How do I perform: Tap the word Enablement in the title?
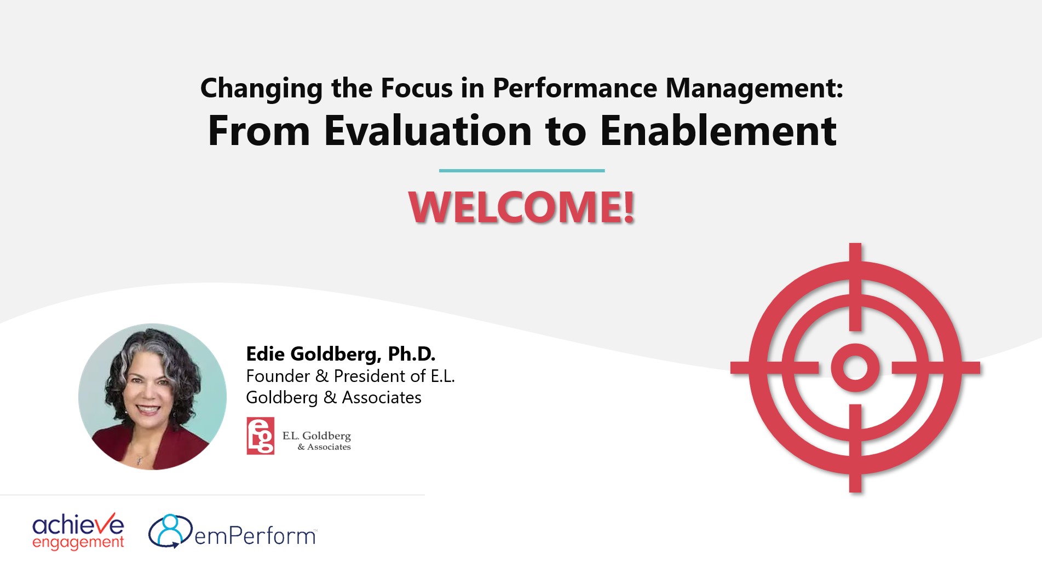718,131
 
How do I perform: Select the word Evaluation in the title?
428,131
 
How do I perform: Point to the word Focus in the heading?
417,88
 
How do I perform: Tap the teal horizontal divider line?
521,171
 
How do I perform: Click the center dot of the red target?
855,367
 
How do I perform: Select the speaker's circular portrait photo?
152,396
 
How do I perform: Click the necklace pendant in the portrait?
140,459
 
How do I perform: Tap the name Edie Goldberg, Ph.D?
341,354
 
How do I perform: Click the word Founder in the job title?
278,376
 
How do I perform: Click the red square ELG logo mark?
260,436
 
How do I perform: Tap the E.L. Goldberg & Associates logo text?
317,441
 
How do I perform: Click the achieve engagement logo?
78,531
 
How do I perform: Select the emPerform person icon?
170,530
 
